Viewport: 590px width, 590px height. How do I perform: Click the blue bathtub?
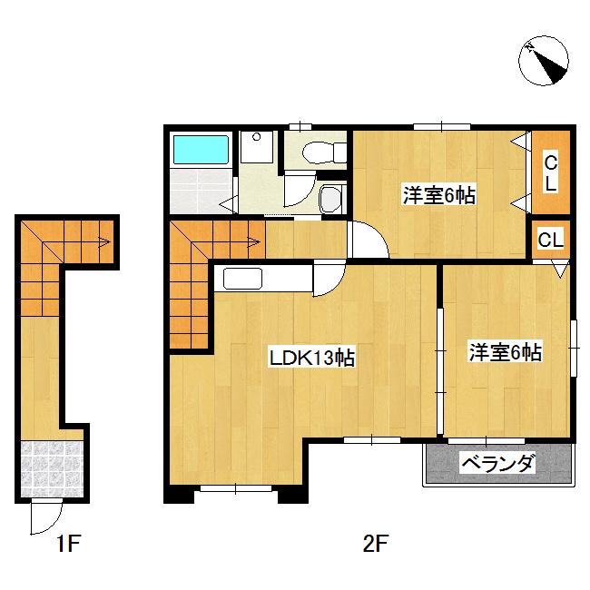201,150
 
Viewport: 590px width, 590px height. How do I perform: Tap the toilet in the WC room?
324,152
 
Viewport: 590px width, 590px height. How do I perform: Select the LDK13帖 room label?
312,358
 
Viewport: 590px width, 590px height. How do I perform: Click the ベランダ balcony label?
497,464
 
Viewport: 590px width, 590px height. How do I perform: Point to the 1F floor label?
69,544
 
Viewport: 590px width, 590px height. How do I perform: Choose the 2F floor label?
376,544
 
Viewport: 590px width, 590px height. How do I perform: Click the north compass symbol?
544,61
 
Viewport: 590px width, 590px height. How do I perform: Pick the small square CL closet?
551,240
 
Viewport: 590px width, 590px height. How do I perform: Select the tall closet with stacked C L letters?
551,172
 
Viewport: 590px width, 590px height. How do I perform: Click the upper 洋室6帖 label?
439,195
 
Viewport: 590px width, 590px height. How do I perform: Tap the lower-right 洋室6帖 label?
506,352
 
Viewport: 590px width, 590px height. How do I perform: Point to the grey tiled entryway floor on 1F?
52,469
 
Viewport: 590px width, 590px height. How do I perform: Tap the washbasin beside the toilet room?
330,200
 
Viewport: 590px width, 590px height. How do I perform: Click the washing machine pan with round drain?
257,147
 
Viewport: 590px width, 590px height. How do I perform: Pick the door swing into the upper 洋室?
368,240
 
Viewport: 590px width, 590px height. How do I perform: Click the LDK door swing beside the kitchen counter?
329,279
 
